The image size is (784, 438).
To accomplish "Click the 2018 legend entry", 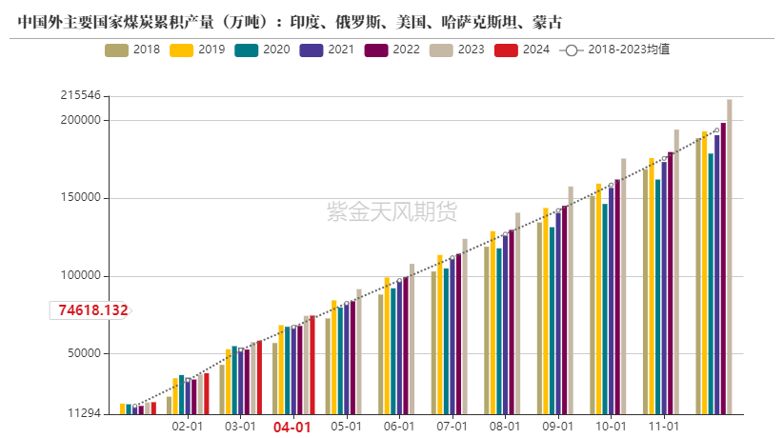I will (132, 49).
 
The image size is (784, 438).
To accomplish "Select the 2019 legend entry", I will (197, 49).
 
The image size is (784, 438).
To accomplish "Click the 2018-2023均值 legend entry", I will (615, 49).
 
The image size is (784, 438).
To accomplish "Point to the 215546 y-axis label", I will (80, 96).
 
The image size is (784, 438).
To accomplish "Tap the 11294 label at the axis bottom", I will (84, 413).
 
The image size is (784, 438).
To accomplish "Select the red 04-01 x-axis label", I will (292, 428).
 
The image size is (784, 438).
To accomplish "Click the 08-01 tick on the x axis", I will (504, 428).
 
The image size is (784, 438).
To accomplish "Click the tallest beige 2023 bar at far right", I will (730, 257).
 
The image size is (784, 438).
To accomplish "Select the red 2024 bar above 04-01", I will (312, 366).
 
